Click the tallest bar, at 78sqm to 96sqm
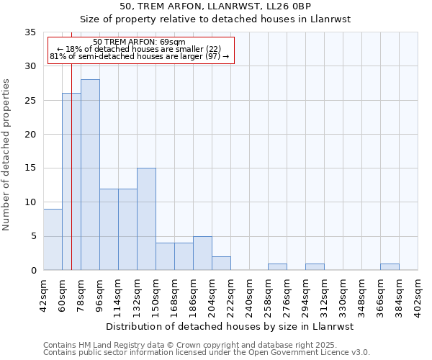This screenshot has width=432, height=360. (x=90, y=175)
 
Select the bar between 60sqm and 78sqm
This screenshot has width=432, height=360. (x=71, y=181)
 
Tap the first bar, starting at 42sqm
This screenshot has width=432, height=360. (x=53, y=240)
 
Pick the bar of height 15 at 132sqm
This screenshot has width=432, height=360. (x=146, y=219)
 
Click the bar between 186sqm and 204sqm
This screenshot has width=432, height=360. (x=202, y=253)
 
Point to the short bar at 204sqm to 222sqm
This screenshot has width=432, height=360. (x=221, y=264)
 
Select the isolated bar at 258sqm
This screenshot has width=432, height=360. (x=277, y=267)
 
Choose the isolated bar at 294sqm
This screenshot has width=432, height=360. (x=315, y=267)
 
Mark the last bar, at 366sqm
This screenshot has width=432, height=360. (x=390, y=267)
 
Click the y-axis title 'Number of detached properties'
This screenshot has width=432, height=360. (x=7, y=155)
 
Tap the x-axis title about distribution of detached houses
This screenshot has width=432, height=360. (x=230, y=326)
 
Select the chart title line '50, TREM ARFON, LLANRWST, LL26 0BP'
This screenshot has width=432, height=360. (x=215, y=6)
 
